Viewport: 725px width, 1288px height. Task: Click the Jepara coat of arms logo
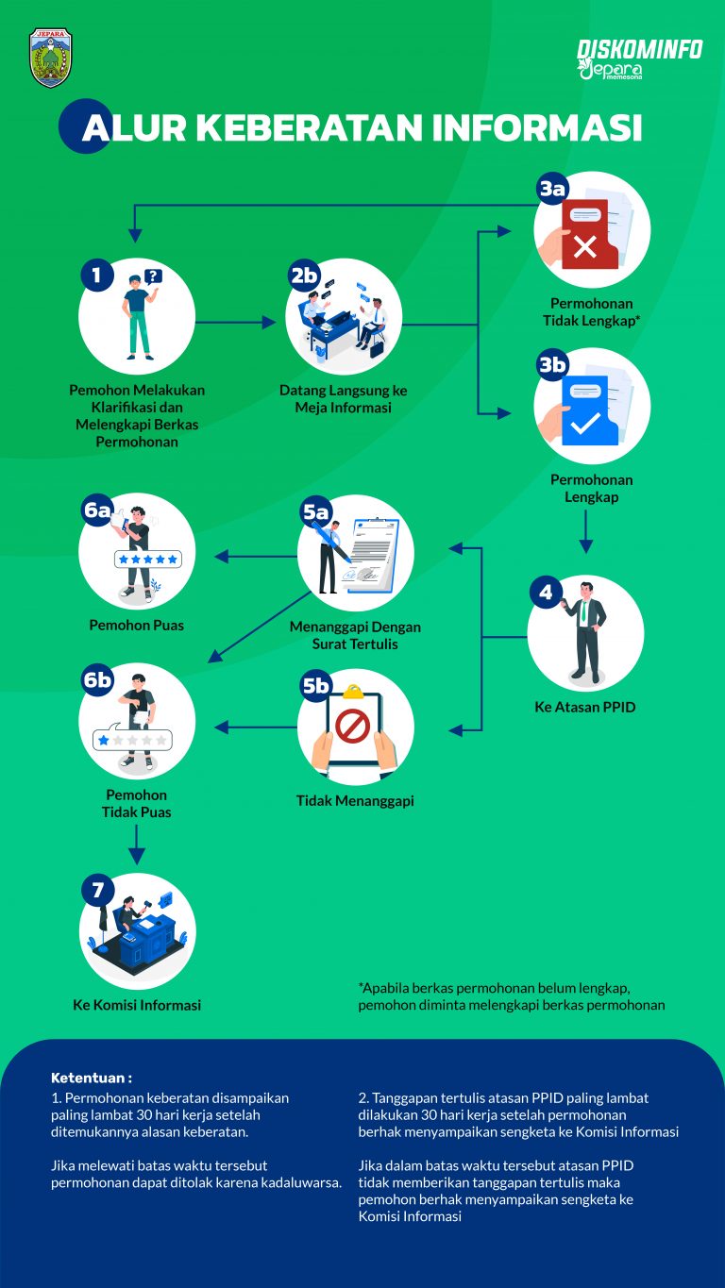tap(51, 59)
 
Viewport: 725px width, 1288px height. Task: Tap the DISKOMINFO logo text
tap(640, 49)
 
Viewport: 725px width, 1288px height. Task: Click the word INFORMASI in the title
tap(537, 127)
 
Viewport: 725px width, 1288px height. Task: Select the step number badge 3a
tap(552, 189)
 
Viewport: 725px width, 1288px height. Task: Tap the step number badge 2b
tap(304, 276)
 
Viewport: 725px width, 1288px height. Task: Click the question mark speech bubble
tap(153, 277)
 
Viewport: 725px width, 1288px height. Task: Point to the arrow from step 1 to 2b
tap(236, 322)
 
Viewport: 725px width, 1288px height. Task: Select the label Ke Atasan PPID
tap(585, 707)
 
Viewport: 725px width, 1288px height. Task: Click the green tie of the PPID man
tap(584, 611)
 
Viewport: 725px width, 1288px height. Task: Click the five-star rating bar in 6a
tap(148, 559)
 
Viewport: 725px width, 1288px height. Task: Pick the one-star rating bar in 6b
tap(132, 740)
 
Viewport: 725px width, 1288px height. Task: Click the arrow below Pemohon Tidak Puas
tap(136, 845)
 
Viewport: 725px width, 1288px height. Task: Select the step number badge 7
tap(98, 890)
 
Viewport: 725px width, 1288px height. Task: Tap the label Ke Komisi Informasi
tap(137, 1005)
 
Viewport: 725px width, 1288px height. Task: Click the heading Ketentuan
tap(92, 1078)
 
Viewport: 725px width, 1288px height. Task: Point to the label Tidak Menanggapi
tap(355, 801)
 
